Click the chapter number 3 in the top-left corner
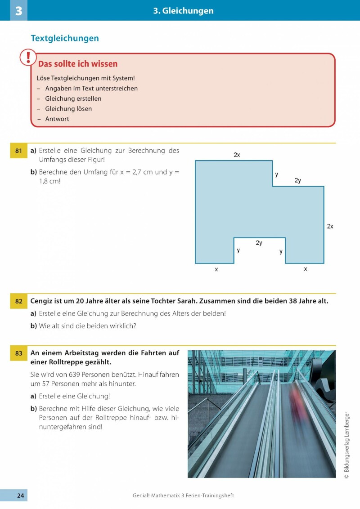point(18,11)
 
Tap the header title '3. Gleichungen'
point(183,11)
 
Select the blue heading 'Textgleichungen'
point(65,38)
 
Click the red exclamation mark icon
point(28,58)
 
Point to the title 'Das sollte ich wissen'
point(78,64)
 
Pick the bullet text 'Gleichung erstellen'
point(73,98)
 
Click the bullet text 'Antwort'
point(57,119)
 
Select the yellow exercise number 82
point(18,301)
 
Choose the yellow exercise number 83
point(18,353)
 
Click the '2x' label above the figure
point(237,155)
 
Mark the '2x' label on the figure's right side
point(330,226)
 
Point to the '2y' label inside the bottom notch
point(259,243)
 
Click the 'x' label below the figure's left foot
point(216,269)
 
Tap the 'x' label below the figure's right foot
point(306,269)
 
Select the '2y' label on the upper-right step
point(297,180)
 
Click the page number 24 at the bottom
point(20,496)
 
